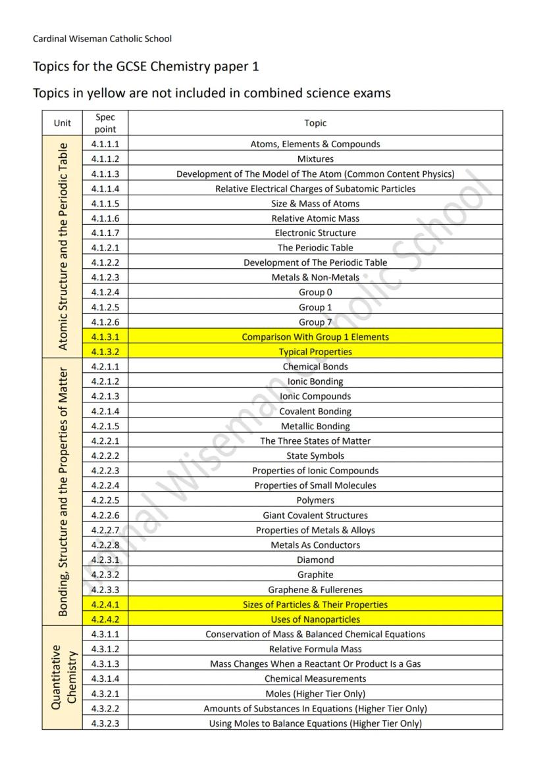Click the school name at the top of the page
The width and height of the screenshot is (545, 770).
click(x=102, y=39)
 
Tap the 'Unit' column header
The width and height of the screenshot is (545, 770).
click(x=63, y=123)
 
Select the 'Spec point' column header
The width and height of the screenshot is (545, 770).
click(x=105, y=123)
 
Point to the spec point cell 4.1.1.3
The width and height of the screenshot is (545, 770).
click(x=105, y=174)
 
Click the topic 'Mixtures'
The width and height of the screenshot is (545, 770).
click(x=315, y=159)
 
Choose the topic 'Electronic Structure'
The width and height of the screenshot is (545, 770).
click(x=315, y=233)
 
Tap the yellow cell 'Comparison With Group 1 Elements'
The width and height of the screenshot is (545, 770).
click(x=315, y=337)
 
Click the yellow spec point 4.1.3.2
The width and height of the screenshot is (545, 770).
click(x=105, y=352)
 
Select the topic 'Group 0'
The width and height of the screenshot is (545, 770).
click(x=315, y=293)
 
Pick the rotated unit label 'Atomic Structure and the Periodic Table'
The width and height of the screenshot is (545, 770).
click(x=63, y=247)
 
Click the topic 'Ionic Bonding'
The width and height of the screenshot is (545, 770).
click(x=315, y=381)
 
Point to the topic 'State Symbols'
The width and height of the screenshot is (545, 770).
click(x=315, y=456)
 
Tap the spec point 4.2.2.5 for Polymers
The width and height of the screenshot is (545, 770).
click(x=105, y=500)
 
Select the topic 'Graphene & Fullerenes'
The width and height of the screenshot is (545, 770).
click(x=315, y=590)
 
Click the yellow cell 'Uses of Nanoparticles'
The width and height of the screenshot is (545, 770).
click(x=315, y=619)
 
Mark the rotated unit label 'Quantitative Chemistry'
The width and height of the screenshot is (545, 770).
click(x=63, y=677)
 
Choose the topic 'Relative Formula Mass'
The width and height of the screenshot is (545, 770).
click(x=315, y=649)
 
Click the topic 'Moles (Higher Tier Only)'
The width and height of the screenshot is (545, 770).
click(x=315, y=694)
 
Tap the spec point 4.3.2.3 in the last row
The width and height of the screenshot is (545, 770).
click(x=105, y=723)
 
